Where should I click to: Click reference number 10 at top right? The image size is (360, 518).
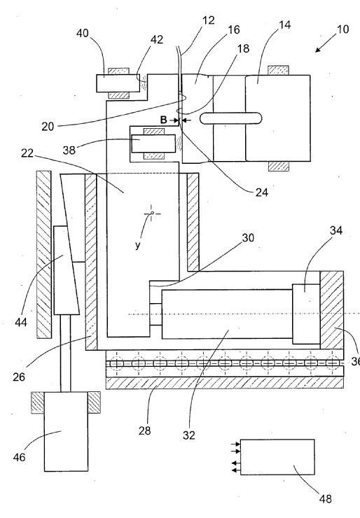(342, 29)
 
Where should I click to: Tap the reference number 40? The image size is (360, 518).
(83, 34)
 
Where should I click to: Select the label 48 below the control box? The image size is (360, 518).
(325, 498)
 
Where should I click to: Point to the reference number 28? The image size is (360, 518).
(144, 430)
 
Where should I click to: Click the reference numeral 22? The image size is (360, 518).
(27, 153)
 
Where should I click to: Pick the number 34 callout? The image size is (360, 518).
(336, 230)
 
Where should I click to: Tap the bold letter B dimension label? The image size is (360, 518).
(164, 120)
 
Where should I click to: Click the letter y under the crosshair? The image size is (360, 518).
(137, 245)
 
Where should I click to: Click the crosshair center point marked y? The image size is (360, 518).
(152, 213)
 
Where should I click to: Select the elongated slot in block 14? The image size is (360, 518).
(230, 118)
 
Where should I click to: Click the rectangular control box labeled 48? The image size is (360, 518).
(277, 457)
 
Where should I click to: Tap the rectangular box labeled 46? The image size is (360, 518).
(66, 431)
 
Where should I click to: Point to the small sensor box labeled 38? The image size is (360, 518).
(153, 143)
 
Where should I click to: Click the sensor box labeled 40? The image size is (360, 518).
(118, 83)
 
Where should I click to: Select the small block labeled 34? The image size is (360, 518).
(306, 314)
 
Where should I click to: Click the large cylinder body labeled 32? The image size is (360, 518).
(227, 314)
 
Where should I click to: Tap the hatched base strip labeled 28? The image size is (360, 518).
(224, 383)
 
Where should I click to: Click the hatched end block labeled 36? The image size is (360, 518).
(331, 310)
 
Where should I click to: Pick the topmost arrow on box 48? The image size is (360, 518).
(236, 444)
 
